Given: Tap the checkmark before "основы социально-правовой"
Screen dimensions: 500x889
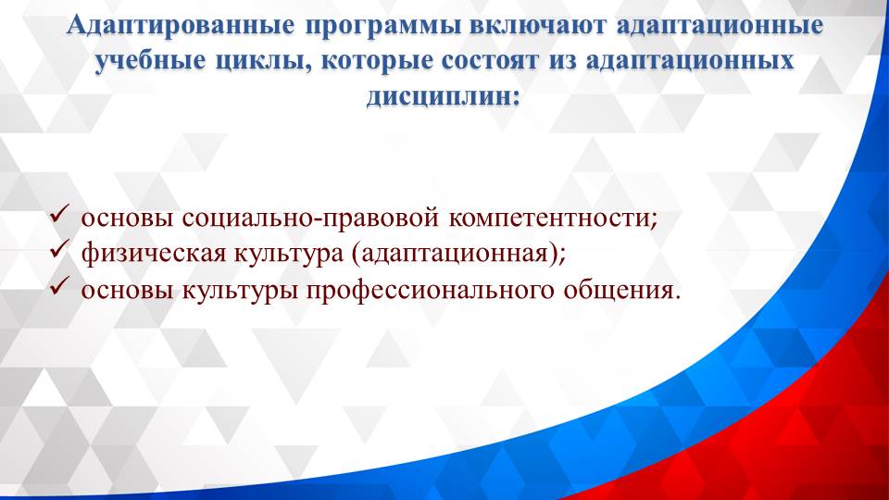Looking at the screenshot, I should [58, 218].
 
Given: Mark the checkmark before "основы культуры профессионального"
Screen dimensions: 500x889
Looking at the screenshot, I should [58, 289].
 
